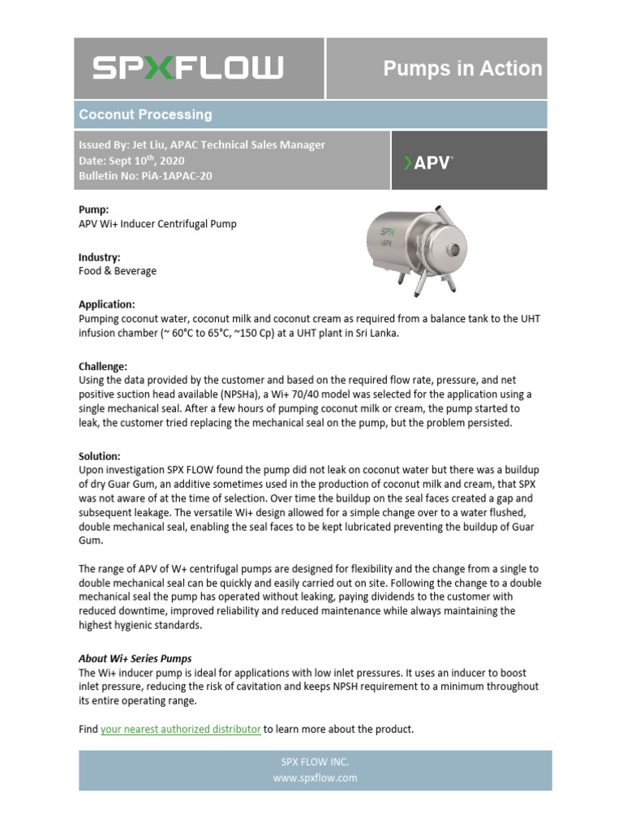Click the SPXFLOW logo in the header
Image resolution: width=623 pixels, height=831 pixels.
pos(187,67)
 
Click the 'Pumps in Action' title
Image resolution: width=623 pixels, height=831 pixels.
pos(462,68)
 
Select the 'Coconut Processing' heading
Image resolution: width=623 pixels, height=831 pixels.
pos(145,114)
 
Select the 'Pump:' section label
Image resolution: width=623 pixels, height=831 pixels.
pos(93,209)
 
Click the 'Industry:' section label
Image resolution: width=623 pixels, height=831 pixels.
pos(100,257)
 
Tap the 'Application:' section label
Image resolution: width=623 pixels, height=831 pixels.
pos(106,304)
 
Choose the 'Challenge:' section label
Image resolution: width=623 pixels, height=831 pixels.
pos(103,366)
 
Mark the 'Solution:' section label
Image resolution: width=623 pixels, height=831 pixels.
pos(99,457)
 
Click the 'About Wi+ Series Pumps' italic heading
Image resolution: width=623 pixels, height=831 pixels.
pos(135,658)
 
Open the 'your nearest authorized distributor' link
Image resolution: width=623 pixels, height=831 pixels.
pos(180,730)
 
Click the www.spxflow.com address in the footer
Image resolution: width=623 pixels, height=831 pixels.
pos(315,777)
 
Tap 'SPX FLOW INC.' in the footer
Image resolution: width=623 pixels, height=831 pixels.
pos(315,762)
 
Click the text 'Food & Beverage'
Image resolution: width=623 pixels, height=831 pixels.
pos(118,271)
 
